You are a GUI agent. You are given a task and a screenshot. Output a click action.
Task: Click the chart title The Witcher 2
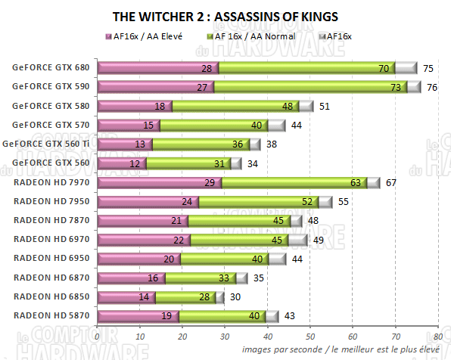pos(225,16)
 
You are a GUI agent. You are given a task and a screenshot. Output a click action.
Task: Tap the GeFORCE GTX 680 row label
pos(50,67)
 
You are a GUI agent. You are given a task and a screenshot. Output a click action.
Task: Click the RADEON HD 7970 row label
pos(51,182)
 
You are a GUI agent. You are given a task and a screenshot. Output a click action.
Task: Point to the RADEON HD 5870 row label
pos(51,316)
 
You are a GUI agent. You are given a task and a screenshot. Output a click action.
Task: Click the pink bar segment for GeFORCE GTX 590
pos(155,87)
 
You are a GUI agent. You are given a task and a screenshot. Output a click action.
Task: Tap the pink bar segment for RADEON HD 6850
pos(126,297)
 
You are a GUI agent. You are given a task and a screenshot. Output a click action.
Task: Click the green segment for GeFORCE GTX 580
pos(235,106)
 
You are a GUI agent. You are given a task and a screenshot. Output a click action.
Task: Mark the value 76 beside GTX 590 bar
pos(432,87)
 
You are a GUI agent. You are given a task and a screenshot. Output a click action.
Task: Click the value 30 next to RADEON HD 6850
pos(236,297)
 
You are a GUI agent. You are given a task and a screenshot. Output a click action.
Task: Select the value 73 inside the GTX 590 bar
pos(395,87)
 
